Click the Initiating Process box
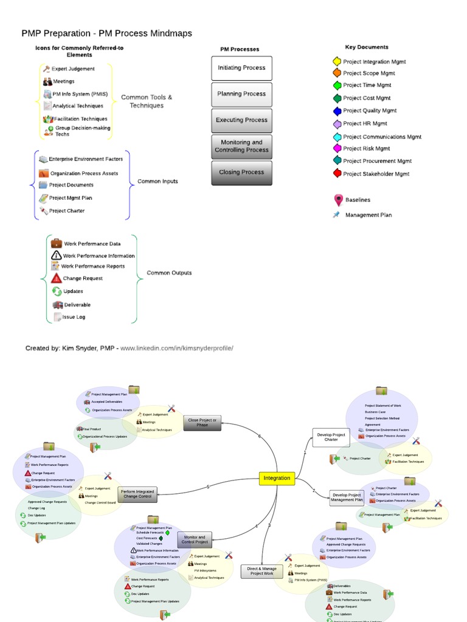pos(241,68)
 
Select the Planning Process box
pos(241,94)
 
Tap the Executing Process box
pos(241,120)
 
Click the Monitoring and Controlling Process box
pos(241,146)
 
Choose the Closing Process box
pos(241,173)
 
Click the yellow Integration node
pos(277,478)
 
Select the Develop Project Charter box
pos(331,437)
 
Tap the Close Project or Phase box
pos(202,423)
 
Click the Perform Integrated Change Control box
pos(137,494)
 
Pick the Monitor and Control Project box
pos(195,539)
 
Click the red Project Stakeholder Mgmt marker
pos(337,174)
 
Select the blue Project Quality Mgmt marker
pos(337,111)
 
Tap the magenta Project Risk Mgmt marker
pos(337,148)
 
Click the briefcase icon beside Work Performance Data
pos(57,243)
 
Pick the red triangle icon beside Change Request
pos(57,278)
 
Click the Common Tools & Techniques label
pos(147,101)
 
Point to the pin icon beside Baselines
pos(338,200)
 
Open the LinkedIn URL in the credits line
pos(176,348)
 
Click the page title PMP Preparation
pos(106,33)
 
